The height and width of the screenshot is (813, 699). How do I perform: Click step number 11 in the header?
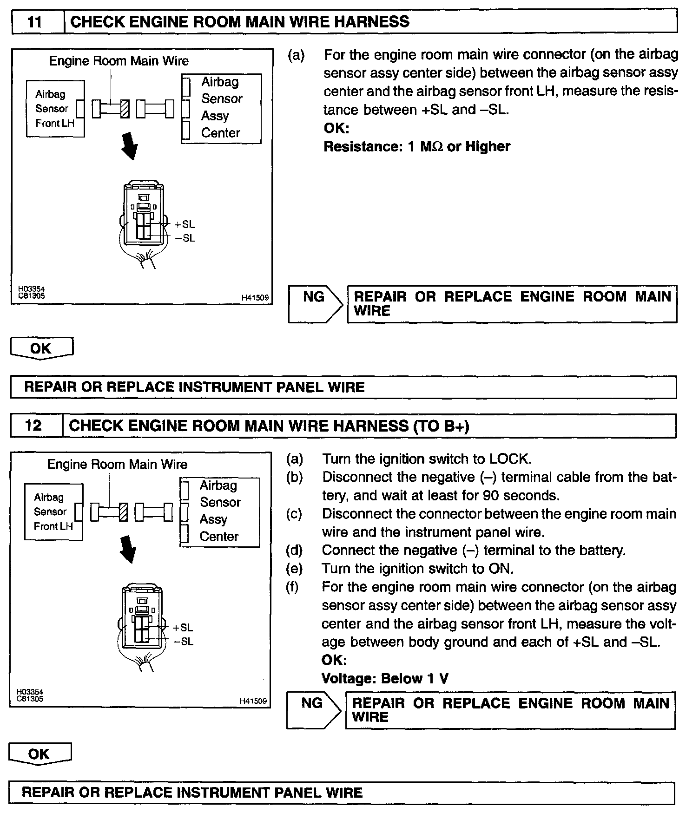point(36,22)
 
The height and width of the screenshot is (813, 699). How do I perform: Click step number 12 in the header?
point(33,426)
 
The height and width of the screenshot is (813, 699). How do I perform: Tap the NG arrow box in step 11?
point(315,304)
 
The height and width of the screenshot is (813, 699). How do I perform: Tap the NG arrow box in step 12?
point(313,710)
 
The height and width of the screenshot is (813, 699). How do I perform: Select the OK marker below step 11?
point(41,348)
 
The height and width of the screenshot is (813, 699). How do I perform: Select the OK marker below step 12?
point(40,754)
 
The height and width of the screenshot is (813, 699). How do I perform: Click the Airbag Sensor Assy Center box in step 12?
point(219,511)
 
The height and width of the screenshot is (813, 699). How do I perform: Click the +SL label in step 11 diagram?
point(185,224)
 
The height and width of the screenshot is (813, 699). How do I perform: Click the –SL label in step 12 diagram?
point(183,642)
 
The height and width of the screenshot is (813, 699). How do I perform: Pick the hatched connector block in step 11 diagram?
point(125,109)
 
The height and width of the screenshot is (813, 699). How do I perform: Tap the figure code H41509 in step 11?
point(255,298)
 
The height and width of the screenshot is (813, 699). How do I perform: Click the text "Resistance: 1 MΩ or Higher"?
point(416,147)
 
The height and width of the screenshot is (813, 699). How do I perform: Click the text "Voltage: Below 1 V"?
point(385,679)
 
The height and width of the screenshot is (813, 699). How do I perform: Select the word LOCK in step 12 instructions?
point(509,459)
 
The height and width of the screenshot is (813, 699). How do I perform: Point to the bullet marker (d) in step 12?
point(294,551)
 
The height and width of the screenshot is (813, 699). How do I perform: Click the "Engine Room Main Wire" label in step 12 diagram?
point(117,465)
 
